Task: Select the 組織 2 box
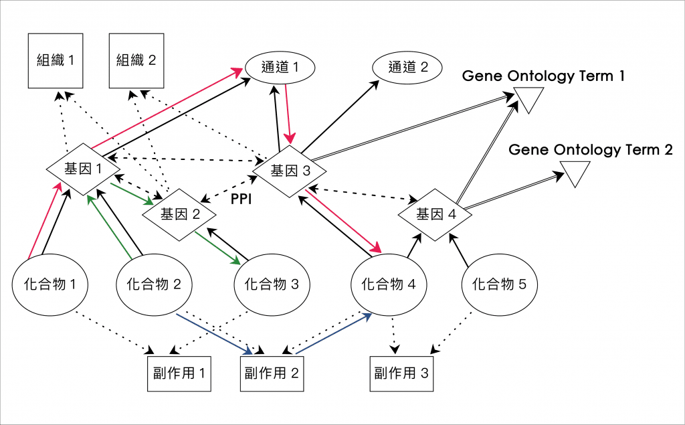[136, 61]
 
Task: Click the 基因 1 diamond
[84, 169]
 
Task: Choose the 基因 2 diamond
[180, 214]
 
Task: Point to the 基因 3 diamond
[290, 171]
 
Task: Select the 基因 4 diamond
[435, 215]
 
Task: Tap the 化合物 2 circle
[154, 284]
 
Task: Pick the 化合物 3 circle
[271, 284]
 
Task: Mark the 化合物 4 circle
[389, 284]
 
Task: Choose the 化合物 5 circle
[499, 284]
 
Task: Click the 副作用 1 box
[179, 373]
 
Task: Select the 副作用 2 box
[271, 373]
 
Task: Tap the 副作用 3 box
[401, 373]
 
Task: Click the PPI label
[240, 199]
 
